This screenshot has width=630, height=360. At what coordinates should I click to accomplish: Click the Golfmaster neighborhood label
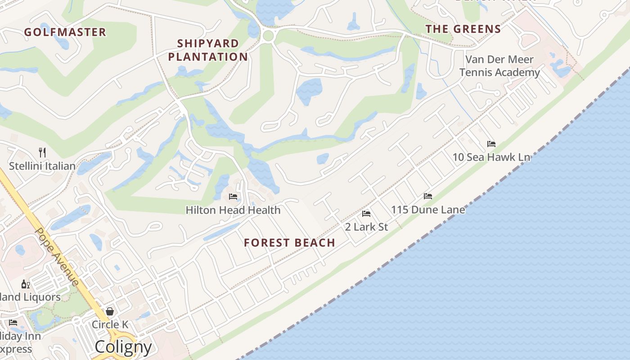click(65, 32)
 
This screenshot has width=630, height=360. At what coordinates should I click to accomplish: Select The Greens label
click(463, 29)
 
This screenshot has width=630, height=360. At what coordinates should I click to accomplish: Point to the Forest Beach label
click(289, 243)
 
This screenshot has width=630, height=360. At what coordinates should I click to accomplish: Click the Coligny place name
click(123, 347)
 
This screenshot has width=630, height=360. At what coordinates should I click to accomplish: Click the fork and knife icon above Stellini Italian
click(42, 152)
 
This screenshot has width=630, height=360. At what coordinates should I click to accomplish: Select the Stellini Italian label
click(42, 166)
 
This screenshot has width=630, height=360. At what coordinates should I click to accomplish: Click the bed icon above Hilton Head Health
click(233, 197)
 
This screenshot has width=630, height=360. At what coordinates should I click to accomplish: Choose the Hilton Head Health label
click(233, 210)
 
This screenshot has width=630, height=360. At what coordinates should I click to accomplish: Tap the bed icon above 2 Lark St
click(366, 213)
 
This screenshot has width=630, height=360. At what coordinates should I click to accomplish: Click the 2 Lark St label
click(366, 227)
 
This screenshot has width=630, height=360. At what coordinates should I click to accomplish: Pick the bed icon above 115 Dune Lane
click(428, 196)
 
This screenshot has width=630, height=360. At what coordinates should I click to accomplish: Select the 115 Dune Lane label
click(428, 210)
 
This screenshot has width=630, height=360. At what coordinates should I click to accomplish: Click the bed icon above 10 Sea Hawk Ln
click(491, 144)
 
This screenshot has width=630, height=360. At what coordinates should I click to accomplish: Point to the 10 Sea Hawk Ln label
click(491, 157)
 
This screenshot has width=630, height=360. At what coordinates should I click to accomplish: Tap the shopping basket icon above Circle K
click(110, 311)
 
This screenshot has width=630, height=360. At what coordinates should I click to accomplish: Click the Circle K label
click(110, 324)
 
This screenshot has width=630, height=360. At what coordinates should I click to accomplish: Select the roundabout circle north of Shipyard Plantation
click(268, 36)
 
